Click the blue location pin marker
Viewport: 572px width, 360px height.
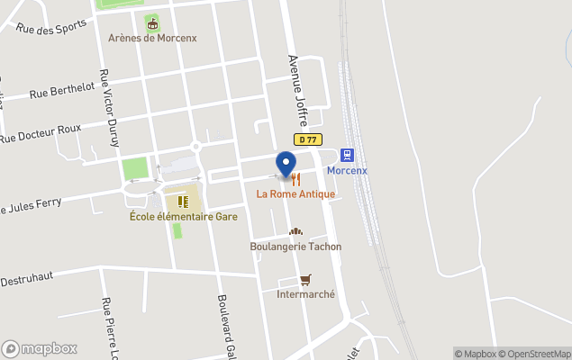tap(286, 165)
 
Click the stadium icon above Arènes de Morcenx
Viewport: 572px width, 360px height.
tap(151, 22)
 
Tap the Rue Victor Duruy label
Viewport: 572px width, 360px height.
tap(109, 108)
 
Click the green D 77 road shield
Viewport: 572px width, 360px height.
tap(309, 139)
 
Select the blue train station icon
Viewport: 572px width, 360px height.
tap(347, 154)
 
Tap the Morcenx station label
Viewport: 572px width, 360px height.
tap(347, 170)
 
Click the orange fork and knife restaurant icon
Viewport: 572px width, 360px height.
tap(295, 179)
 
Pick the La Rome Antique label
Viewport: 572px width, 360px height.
tap(295, 193)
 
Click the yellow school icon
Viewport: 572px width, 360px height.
tap(183, 202)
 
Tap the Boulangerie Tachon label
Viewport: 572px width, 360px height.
tap(295, 246)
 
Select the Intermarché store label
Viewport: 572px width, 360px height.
tap(305, 294)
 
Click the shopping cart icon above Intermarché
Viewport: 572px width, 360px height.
tap(305, 280)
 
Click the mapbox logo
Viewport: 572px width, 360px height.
tap(40, 348)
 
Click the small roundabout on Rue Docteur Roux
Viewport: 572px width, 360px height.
tap(195, 147)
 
